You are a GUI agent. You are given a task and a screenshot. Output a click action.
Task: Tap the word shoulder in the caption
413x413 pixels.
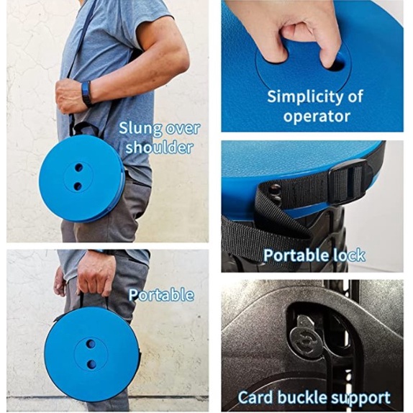point(159,147)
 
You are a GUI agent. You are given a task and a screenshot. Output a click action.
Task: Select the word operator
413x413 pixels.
point(317,116)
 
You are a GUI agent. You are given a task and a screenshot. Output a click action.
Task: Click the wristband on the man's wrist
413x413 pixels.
point(86,94)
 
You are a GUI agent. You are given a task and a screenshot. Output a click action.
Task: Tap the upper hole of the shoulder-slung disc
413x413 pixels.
point(78,167)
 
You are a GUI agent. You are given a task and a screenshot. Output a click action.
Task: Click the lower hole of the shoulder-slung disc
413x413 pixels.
point(78,186)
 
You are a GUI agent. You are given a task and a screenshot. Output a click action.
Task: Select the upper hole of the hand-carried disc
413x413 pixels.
point(91,343)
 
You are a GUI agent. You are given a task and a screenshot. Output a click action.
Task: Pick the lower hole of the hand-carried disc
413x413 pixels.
point(91,364)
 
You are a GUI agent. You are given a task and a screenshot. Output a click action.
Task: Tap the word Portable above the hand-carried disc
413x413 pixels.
point(161,295)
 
